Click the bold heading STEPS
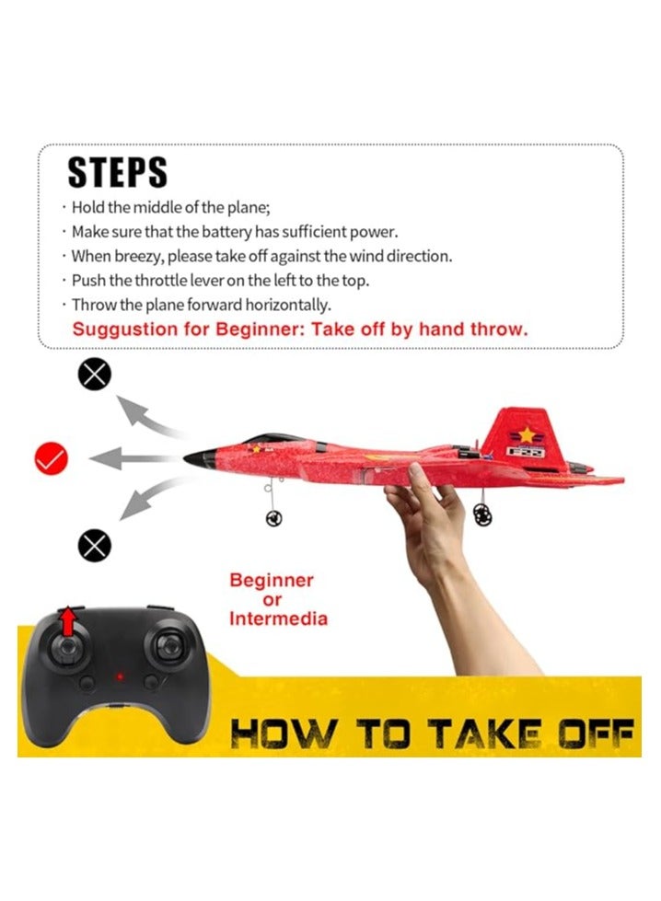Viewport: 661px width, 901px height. [x=117, y=173]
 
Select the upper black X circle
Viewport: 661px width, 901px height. [x=95, y=374]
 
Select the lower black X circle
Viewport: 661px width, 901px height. [x=95, y=547]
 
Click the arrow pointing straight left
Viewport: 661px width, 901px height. [x=128, y=456]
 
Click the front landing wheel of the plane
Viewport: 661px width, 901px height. [x=273, y=518]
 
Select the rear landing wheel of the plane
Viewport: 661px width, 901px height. [x=482, y=515]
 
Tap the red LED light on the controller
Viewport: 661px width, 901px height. [x=118, y=679]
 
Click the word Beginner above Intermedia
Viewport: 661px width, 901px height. [x=272, y=581]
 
